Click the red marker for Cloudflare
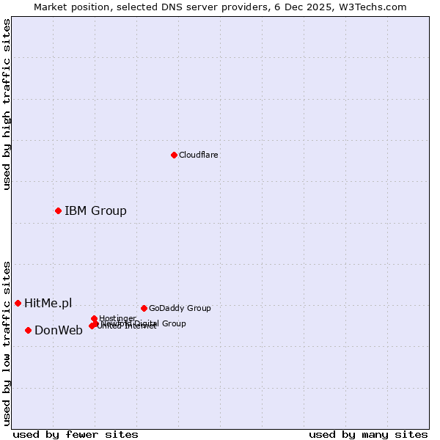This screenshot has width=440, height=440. pos(174,155)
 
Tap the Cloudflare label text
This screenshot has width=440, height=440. pos(198,155)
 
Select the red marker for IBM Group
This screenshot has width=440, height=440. pos(58,210)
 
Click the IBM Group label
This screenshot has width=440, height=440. pos(95,211)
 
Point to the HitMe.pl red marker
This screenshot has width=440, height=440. pos(18,303)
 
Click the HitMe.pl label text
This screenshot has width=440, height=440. pos(48,304)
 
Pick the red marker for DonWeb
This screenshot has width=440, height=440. pos(28,330)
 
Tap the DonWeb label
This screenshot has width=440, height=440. pos(59,331)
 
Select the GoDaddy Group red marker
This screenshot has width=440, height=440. pos(144,308)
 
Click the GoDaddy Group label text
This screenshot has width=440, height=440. pos(180,309)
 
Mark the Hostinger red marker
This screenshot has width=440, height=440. pos(94,318)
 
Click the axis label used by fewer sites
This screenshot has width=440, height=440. pos(76,434)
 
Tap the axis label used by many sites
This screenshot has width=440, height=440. pos(368,434)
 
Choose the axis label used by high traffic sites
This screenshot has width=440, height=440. pos(7,104)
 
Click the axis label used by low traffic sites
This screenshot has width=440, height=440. pos(7,342)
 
